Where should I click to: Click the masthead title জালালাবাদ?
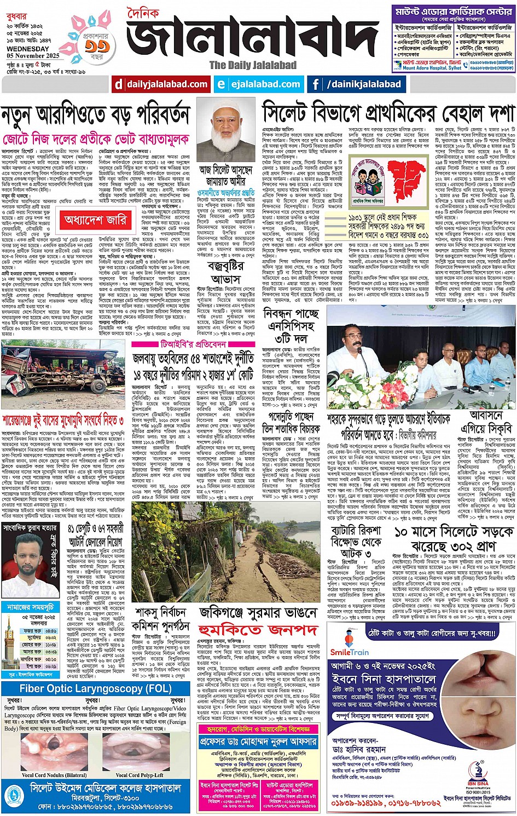(x=253, y=38)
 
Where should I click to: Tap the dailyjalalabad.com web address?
(x=161, y=84)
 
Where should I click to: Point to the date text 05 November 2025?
(x=33, y=55)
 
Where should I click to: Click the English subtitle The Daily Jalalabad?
(x=253, y=65)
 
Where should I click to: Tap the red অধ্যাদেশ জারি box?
(x=96, y=220)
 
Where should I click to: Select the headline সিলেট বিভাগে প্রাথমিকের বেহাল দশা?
(x=388, y=113)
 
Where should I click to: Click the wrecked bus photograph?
(x=63, y=375)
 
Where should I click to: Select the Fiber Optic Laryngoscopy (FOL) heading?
(x=96, y=688)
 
